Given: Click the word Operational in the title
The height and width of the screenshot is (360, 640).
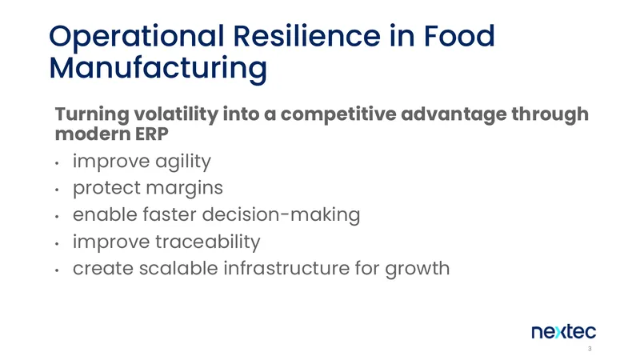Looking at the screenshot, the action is pyautogui.click(x=136, y=37).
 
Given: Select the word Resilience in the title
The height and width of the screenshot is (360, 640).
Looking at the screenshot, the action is pyautogui.click(x=306, y=35).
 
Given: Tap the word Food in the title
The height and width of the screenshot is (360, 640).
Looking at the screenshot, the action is pyautogui.click(x=459, y=35).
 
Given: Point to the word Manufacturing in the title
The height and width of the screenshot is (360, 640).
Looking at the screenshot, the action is pyautogui.click(x=158, y=69).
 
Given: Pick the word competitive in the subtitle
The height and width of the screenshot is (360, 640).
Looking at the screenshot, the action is pyautogui.click(x=338, y=114).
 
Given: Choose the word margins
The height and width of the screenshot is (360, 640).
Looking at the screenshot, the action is pyautogui.click(x=185, y=189).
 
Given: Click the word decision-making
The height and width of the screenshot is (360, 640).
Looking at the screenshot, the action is pyautogui.click(x=282, y=215).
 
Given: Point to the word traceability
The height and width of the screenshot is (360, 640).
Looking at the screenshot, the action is pyautogui.click(x=208, y=242).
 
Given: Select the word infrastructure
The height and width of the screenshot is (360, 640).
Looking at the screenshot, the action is pyautogui.click(x=286, y=268).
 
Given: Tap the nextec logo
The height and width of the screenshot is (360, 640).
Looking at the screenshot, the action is pyautogui.click(x=564, y=332).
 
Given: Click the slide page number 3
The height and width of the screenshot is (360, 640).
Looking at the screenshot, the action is pyautogui.click(x=590, y=349).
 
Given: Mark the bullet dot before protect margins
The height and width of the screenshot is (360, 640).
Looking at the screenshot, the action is pyautogui.click(x=57, y=190).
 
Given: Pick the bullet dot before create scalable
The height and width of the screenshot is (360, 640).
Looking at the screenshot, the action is pyautogui.click(x=57, y=270).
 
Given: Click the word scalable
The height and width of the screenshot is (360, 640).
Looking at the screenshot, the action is pyautogui.click(x=178, y=268).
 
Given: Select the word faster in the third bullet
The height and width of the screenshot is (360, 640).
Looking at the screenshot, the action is pyautogui.click(x=170, y=214).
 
